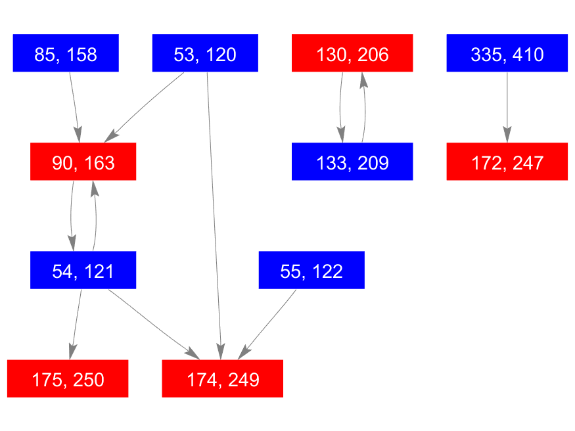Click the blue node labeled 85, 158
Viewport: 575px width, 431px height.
click(65, 53)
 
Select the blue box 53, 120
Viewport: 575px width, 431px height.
click(205, 53)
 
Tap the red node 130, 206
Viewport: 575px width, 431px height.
click(352, 53)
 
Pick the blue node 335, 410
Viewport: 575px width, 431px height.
click(507, 53)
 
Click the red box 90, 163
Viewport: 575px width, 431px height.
click(83, 162)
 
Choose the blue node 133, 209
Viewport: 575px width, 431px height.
click(352, 162)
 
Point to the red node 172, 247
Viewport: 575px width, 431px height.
click(507, 162)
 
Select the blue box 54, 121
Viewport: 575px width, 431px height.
click(83, 270)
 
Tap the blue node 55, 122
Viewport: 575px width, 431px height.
click(311, 270)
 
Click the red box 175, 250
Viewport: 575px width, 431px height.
click(68, 379)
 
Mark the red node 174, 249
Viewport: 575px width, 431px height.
click(223, 379)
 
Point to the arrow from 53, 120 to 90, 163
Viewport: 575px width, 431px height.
click(146, 104)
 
